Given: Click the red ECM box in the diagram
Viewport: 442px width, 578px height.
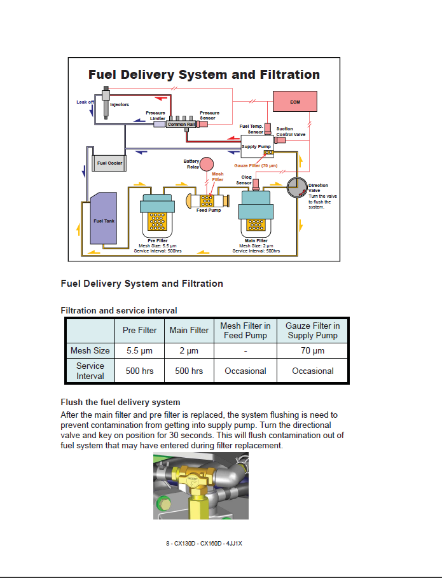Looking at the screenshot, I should point(294,102).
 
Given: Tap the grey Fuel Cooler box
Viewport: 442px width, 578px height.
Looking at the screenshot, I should point(109,163).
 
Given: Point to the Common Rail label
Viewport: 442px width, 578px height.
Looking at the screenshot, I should point(177,125).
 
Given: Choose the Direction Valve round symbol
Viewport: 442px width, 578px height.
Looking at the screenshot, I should point(297,188).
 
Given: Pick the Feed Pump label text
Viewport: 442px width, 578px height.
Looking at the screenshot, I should point(209,210).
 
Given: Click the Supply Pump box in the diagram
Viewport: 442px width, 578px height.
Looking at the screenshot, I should point(257,147).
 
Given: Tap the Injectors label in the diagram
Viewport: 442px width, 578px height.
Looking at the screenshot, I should point(120,104).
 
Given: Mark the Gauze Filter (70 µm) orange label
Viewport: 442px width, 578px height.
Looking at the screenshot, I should point(256,165).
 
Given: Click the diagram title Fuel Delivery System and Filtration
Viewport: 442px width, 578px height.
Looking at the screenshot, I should point(204,75).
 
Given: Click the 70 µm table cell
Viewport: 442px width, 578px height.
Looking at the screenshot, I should point(312,351).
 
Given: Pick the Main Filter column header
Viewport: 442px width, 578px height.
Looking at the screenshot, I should point(189,331).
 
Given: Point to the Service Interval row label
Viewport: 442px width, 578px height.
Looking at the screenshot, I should point(90,371).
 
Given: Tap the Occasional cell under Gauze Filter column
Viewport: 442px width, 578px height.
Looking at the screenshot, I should point(312,371).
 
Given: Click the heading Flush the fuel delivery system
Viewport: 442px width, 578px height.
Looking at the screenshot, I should point(120,402).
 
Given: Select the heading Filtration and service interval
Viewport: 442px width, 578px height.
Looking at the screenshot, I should point(118,310).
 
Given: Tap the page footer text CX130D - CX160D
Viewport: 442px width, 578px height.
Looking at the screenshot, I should point(204,544).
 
